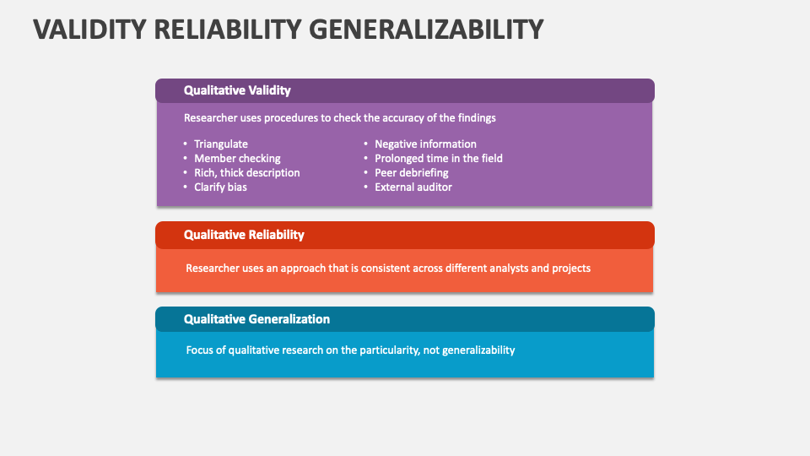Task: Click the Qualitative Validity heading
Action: pyautogui.click(x=237, y=90)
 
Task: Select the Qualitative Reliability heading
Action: pyautogui.click(x=244, y=235)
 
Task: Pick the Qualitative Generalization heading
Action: pyautogui.click(x=256, y=319)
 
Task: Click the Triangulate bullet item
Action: pyautogui.click(x=221, y=144)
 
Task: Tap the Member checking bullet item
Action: pyautogui.click(x=237, y=159)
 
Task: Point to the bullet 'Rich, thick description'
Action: pyautogui.click(x=246, y=173)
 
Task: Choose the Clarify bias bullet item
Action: pyautogui.click(x=220, y=187)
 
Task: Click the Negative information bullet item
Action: pyautogui.click(x=425, y=144)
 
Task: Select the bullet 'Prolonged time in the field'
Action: pyautogui.click(x=438, y=159)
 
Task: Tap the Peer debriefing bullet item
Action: pyautogui.click(x=411, y=173)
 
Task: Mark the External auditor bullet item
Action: pyautogui.click(x=413, y=187)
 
